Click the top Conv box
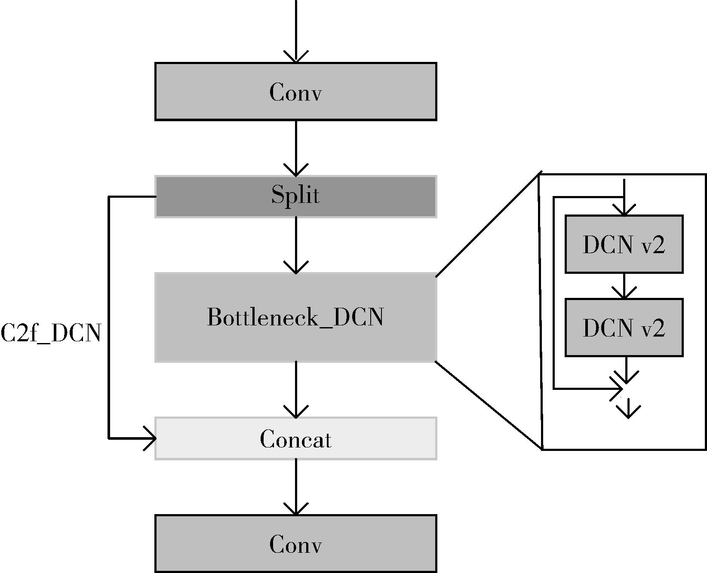point(296,92)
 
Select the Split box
point(296,196)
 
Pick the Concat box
point(296,438)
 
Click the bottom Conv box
point(296,544)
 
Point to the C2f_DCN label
point(51,333)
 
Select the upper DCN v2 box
point(624,244)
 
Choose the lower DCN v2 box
point(624,328)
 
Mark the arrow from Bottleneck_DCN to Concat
point(296,389)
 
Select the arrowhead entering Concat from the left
point(151,438)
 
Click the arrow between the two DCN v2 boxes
point(624,285)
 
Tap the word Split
point(295,195)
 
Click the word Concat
point(296,439)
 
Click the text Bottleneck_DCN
point(295,317)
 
